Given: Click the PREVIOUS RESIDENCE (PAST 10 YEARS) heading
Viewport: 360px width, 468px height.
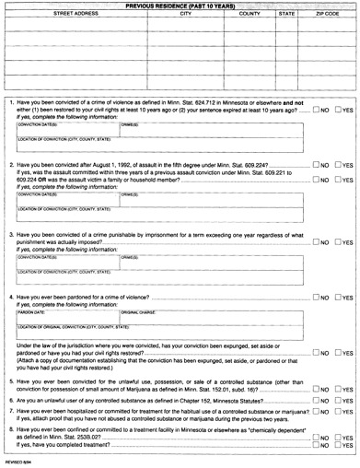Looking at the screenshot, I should point(180,6).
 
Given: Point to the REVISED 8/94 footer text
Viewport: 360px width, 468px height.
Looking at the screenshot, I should point(18,462).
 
